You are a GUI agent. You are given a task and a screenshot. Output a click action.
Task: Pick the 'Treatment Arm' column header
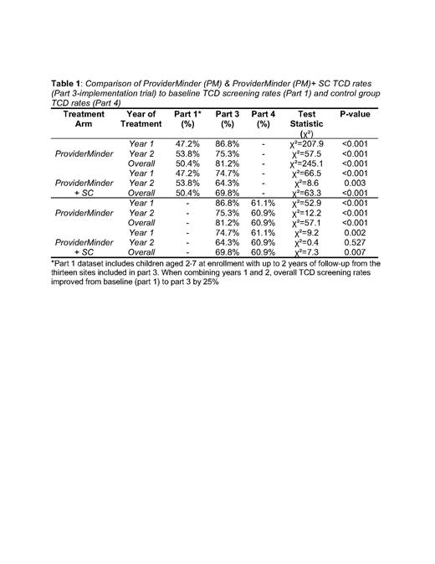click(84, 119)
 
